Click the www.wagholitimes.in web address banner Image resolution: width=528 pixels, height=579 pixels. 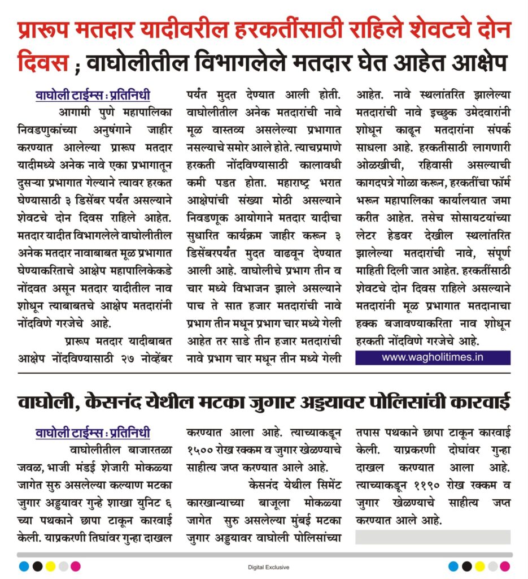[433, 357]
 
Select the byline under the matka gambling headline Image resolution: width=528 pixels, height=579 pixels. [93, 434]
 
